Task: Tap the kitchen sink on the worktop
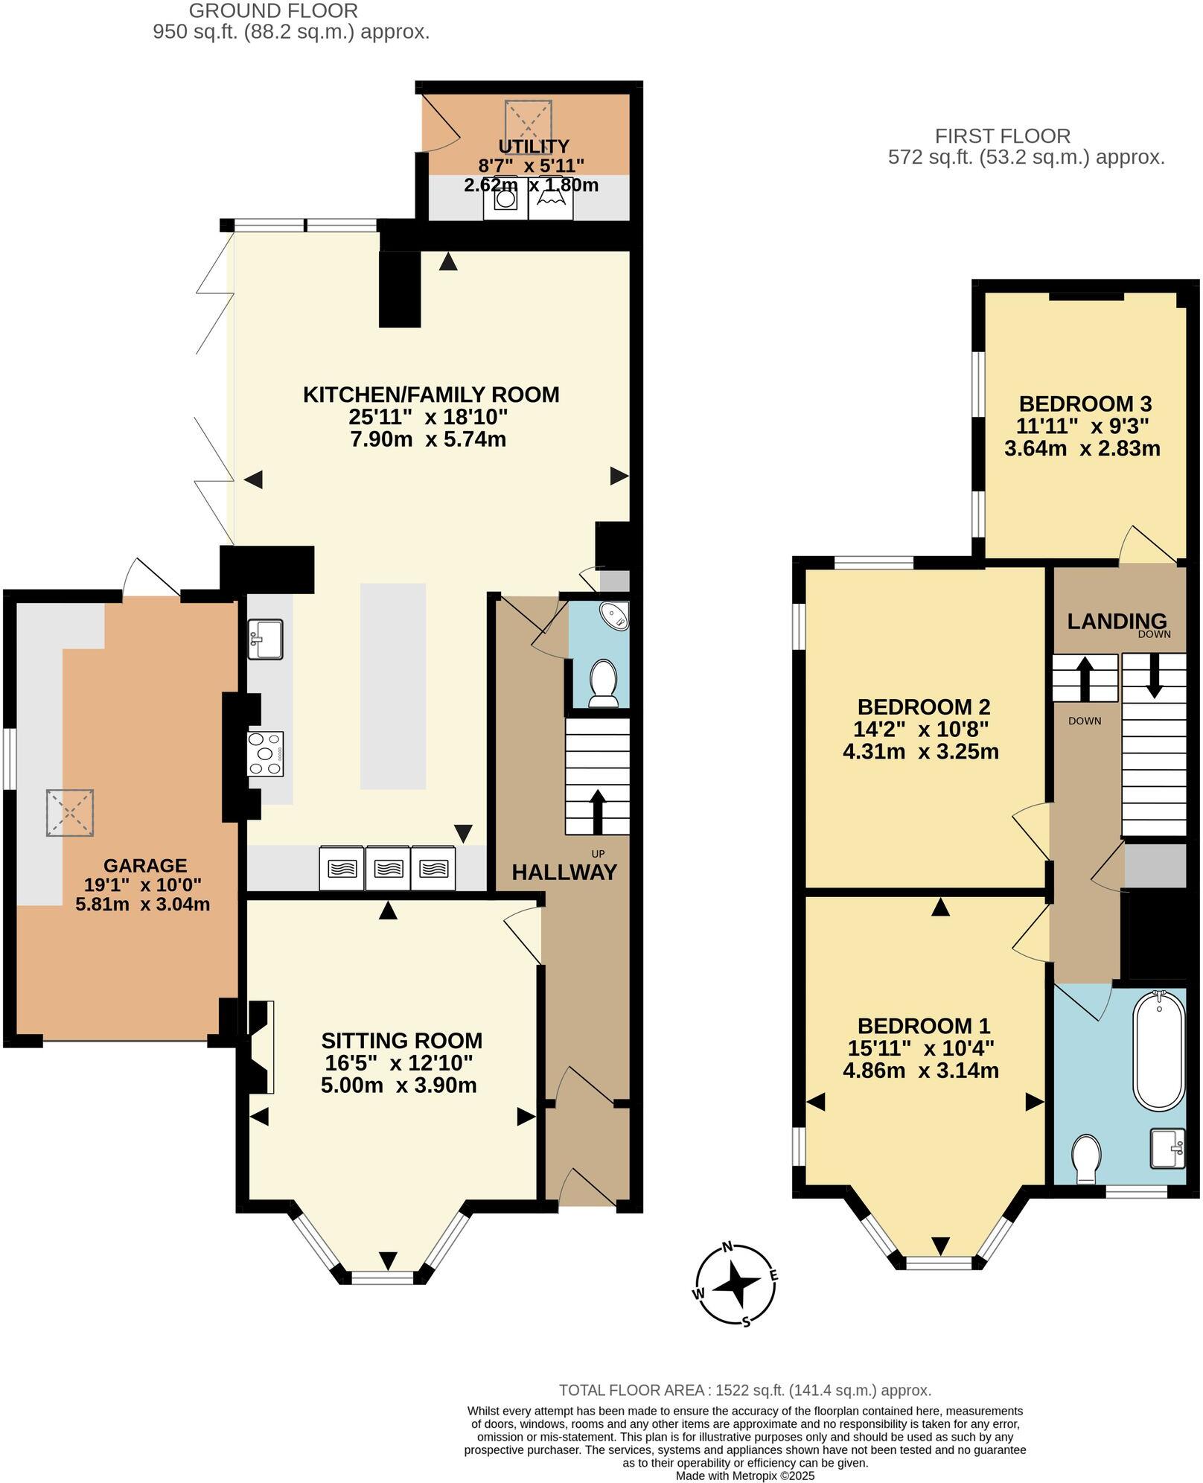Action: [265, 639]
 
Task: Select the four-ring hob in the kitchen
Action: [265, 753]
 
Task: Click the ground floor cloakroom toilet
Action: [603, 682]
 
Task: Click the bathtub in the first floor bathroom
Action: [1158, 1051]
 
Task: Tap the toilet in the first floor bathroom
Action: [1086, 1161]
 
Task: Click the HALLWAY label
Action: [564, 872]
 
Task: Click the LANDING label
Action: [1117, 621]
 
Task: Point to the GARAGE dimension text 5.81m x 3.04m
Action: [143, 905]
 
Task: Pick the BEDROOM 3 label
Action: [1085, 404]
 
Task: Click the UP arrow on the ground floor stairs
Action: [597, 813]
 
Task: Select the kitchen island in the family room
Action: [393, 686]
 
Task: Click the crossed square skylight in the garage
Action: [71, 813]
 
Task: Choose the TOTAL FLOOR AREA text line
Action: [744, 1390]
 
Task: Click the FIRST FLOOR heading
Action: [1002, 136]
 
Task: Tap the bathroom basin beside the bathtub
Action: [1167, 1148]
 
